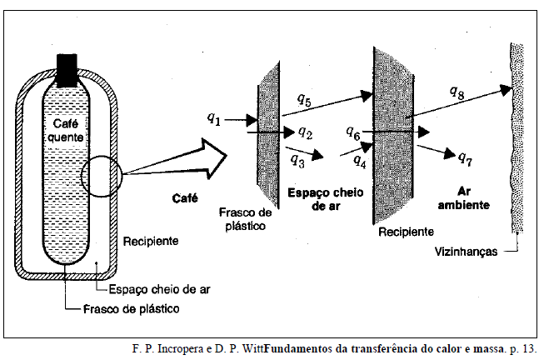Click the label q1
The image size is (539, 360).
point(213,118)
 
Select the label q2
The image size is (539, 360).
point(305,132)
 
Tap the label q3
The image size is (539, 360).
point(297,159)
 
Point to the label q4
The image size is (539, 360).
point(360,158)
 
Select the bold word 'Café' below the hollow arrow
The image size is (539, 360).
point(184,197)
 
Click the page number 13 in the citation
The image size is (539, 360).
point(528,347)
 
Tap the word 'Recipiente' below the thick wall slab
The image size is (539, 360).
point(405,231)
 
